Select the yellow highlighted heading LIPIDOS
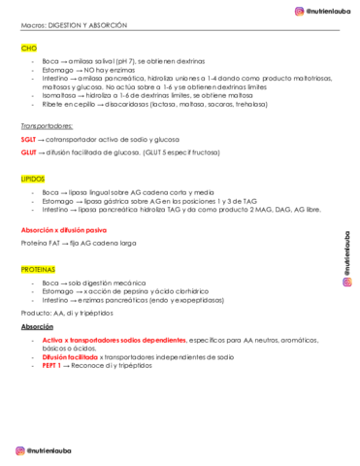[34, 180]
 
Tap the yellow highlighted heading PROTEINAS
[40, 268]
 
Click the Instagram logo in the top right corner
[300, 11]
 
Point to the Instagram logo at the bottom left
[18, 449]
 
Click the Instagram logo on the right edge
[346, 283]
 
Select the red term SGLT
[29, 139]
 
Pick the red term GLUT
[29, 152]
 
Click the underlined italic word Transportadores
[47, 126]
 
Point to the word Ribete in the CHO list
[52, 104]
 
